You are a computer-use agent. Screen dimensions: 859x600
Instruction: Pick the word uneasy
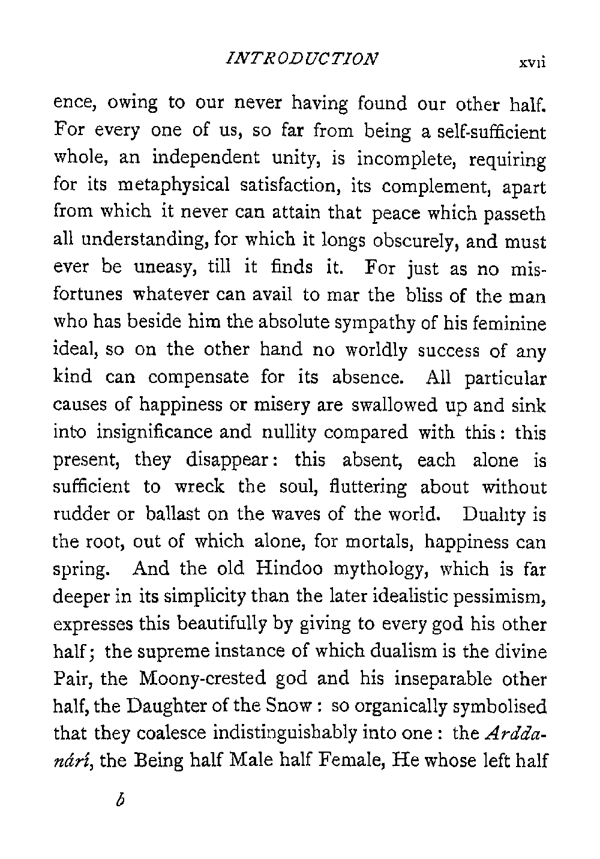pyautogui.click(x=167, y=269)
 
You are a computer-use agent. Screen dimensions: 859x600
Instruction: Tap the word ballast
pyautogui.click(x=172, y=516)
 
